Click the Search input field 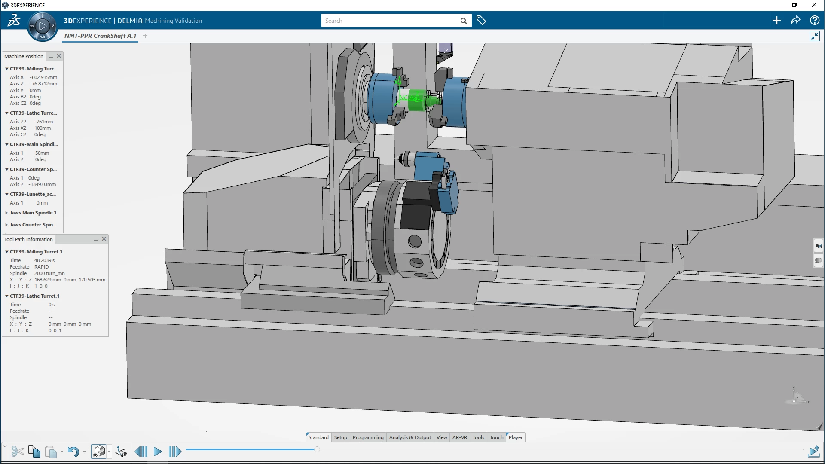(x=389, y=21)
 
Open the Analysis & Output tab (x=409, y=437)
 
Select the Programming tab (x=368, y=437)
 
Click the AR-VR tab (x=459, y=437)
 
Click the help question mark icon (x=814, y=21)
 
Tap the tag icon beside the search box (x=481, y=21)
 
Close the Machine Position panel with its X (x=59, y=56)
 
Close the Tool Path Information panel (x=104, y=239)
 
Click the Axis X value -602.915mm (x=43, y=77)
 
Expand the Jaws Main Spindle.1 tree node (x=7, y=213)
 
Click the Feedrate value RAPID (x=42, y=267)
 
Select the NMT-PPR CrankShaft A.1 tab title (x=100, y=36)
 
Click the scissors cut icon (x=17, y=452)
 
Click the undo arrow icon (x=73, y=452)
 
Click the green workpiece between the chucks (x=416, y=100)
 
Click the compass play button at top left (x=42, y=26)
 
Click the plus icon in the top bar (x=776, y=21)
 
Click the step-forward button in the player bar (x=174, y=452)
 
